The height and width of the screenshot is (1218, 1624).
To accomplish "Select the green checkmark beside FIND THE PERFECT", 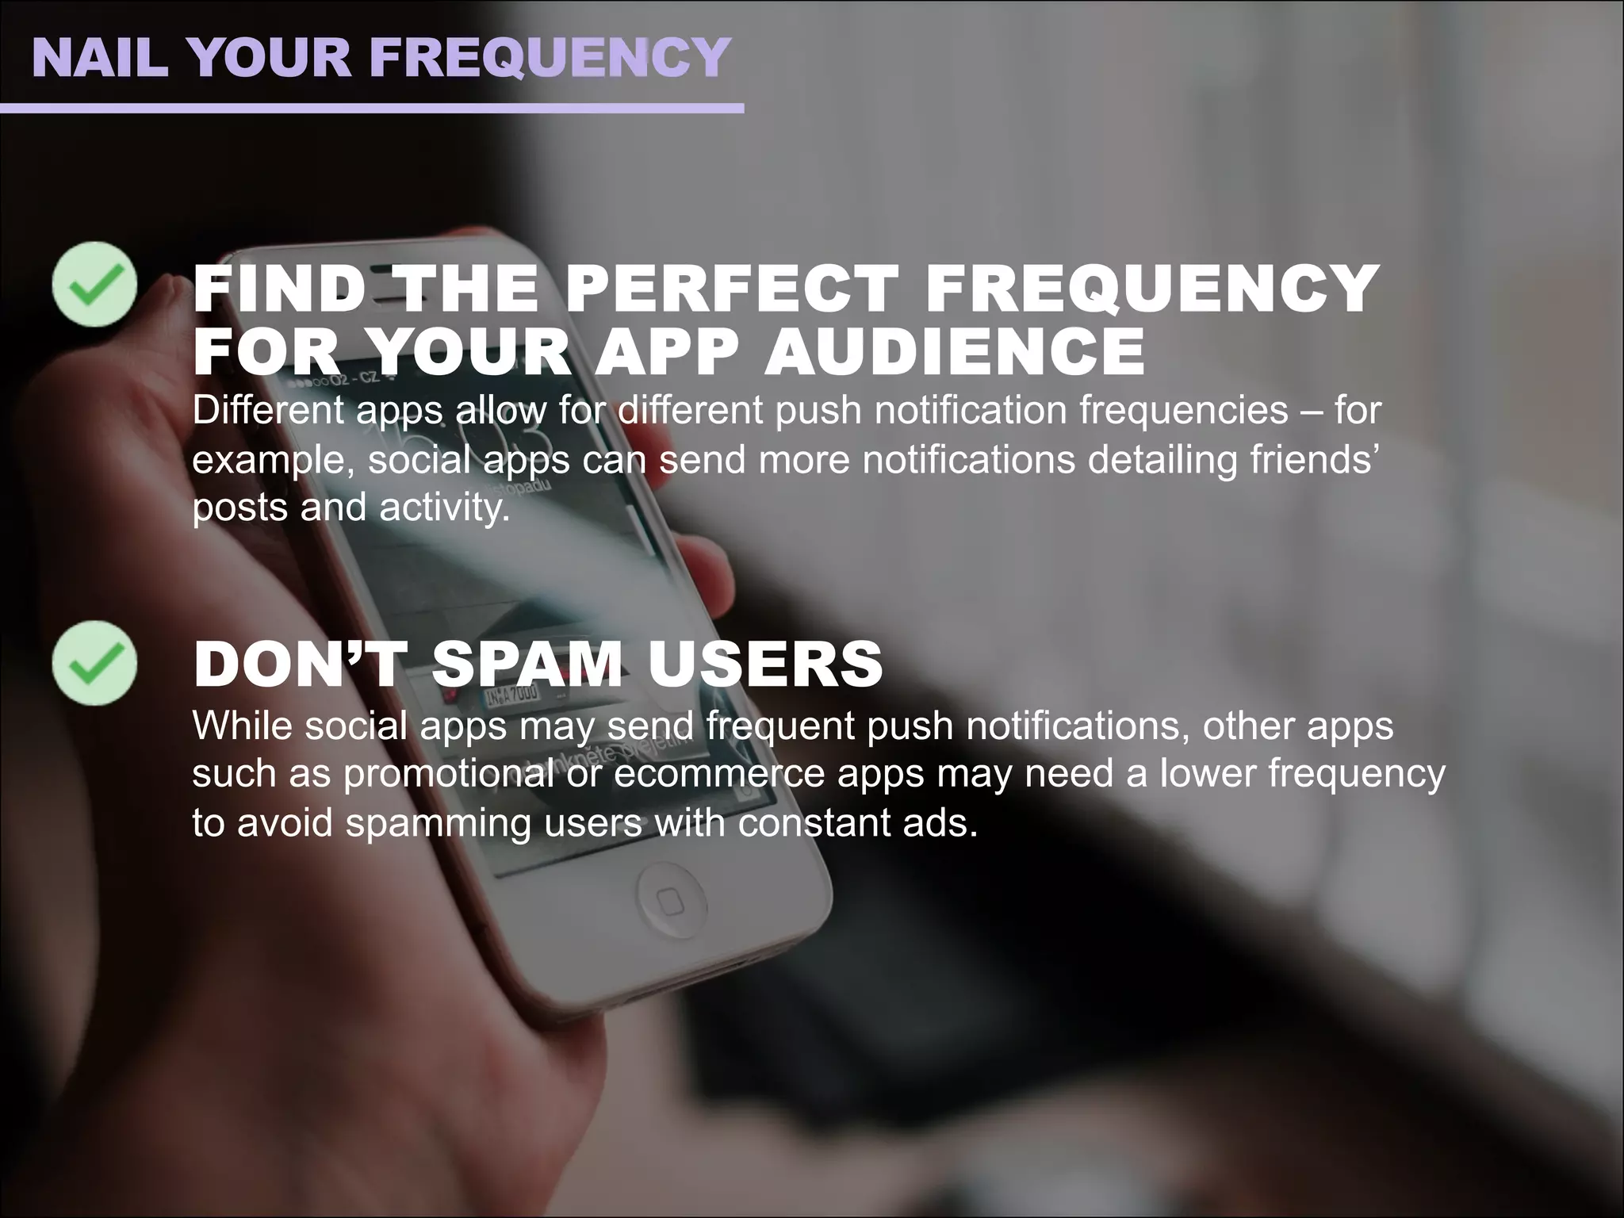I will click(x=94, y=284).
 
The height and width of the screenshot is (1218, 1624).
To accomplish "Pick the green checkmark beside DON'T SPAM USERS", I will click(x=94, y=663).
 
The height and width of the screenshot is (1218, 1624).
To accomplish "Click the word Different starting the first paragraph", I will click(x=267, y=411).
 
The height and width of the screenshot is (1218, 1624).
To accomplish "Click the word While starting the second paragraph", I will click(x=242, y=726).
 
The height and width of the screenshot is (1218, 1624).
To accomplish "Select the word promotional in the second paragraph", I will click(x=448, y=775).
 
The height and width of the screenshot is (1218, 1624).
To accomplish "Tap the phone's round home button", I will click(x=671, y=902).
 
